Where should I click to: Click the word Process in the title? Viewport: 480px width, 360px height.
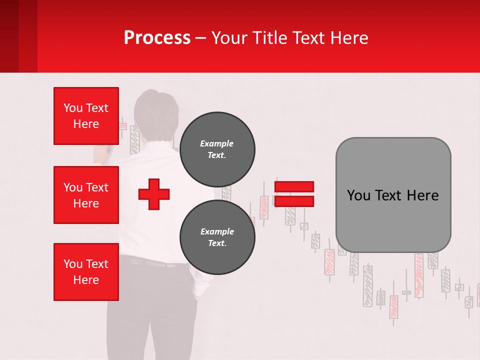tap(157, 37)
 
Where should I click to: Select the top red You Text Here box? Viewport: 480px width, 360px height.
tap(86, 116)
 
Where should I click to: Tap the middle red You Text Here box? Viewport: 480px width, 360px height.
tap(86, 195)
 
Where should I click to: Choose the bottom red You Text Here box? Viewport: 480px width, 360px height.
tap(86, 271)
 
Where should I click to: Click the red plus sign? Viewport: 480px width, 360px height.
tap(154, 193)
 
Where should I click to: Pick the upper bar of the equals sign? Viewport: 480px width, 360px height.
tap(294, 186)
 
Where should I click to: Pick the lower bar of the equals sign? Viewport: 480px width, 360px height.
tap(294, 201)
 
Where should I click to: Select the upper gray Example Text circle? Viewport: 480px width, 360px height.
tap(217, 149)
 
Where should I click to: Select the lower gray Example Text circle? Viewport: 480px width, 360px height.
tap(217, 237)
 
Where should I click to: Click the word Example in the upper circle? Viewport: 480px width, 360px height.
tap(216, 143)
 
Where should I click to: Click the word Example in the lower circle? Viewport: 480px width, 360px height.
tap(217, 231)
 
